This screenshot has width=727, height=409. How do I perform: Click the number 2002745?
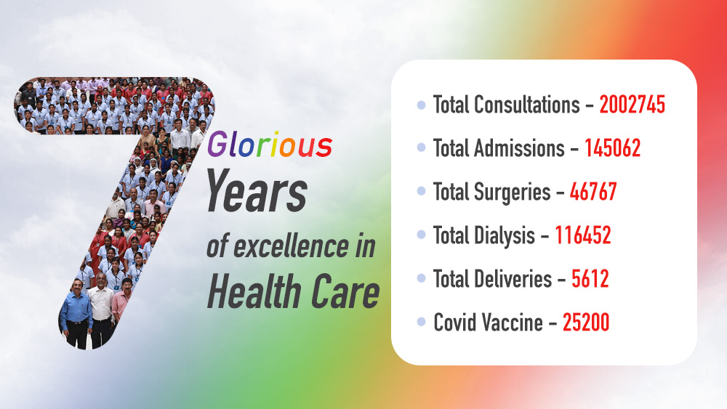632,105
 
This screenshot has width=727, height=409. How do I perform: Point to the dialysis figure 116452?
582,235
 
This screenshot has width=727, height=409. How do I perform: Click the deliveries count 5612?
590,278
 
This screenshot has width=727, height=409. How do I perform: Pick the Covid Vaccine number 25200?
586,322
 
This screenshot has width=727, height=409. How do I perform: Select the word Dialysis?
507,235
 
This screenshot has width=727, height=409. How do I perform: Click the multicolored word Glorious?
270,146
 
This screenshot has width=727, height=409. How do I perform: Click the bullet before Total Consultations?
421,105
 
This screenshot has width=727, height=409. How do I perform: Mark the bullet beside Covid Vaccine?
421,322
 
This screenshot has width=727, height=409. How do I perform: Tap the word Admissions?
519,148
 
